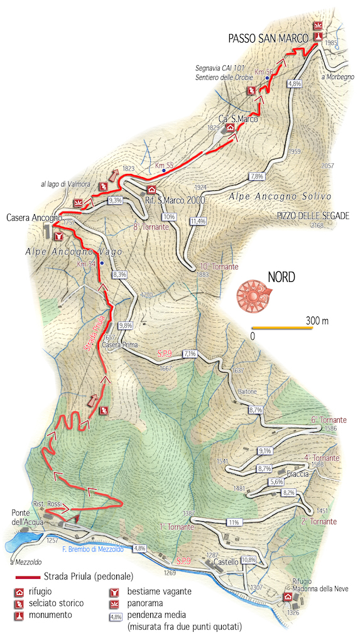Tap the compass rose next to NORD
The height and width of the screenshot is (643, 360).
252,294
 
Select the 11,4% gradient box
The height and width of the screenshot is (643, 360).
197,221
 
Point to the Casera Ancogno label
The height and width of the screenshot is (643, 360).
33,218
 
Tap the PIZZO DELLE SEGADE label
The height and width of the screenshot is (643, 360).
312,215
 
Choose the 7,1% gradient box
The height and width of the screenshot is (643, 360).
190,354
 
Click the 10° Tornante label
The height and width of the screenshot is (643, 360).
219,267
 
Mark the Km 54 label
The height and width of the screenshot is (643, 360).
86,264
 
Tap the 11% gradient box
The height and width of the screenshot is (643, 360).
235,522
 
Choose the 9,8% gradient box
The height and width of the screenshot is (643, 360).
125,325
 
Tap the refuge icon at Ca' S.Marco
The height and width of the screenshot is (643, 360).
230,127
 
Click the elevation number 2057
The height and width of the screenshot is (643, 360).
327,166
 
